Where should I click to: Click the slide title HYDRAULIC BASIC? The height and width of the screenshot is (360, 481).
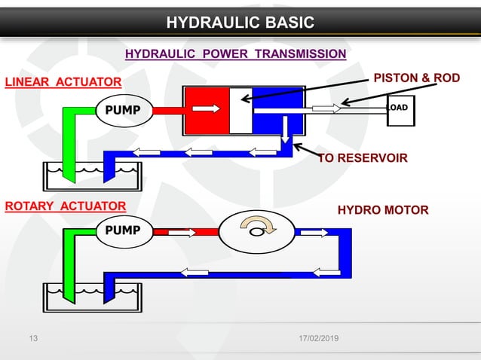click(240, 22)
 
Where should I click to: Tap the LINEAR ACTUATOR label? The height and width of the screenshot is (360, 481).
click(63, 81)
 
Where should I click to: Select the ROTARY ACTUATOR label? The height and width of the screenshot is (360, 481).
click(66, 205)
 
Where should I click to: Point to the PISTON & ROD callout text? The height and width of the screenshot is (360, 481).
click(416, 78)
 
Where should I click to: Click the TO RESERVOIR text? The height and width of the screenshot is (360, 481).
click(363, 158)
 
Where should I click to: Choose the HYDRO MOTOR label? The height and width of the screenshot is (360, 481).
click(384, 209)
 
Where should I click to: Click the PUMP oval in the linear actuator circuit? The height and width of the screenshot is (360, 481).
click(123, 110)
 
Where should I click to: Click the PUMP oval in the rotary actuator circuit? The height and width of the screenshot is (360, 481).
click(123, 230)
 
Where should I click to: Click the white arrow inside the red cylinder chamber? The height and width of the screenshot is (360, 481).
click(211, 108)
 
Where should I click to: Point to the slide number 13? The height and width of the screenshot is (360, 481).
click(32, 339)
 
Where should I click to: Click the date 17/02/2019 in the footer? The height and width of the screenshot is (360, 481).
click(317, 339)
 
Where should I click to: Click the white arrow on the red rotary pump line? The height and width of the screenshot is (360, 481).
click(182, 232)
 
